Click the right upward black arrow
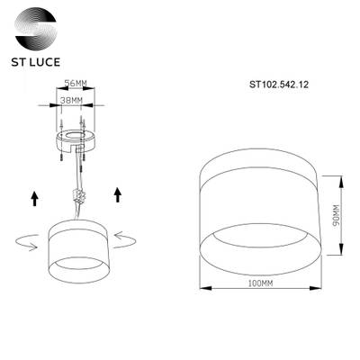coord(118,193)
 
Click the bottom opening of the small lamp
coord(77,265)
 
